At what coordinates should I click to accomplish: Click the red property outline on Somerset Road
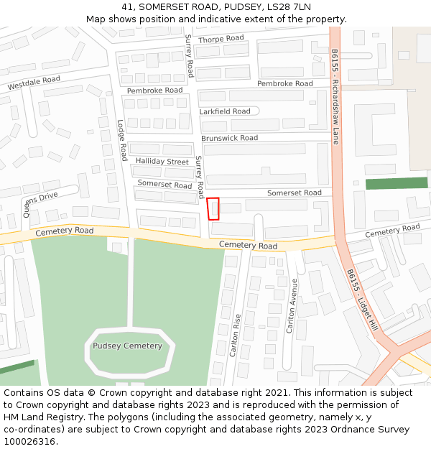pyautogui.click(x=213, y=208)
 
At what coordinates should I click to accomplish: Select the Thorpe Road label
pyautogui.click(x=221, y=39)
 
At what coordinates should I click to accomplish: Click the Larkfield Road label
pyautogui.click(x=225, y=111)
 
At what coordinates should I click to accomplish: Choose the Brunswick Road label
pyautogui.click(x=229, y=138)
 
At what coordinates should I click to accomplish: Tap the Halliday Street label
pyautogui.click(x=162, y=162)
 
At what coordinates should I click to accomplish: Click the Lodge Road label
pyautogui.click(x=122, y=139)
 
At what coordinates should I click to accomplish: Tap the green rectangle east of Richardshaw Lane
pyautogui.click(x=397, y=184)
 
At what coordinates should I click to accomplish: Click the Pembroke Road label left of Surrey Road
pyautogui.click(x=154, y=91)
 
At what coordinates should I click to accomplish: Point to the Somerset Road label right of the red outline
pyautogui.click(x=294, y=193)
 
